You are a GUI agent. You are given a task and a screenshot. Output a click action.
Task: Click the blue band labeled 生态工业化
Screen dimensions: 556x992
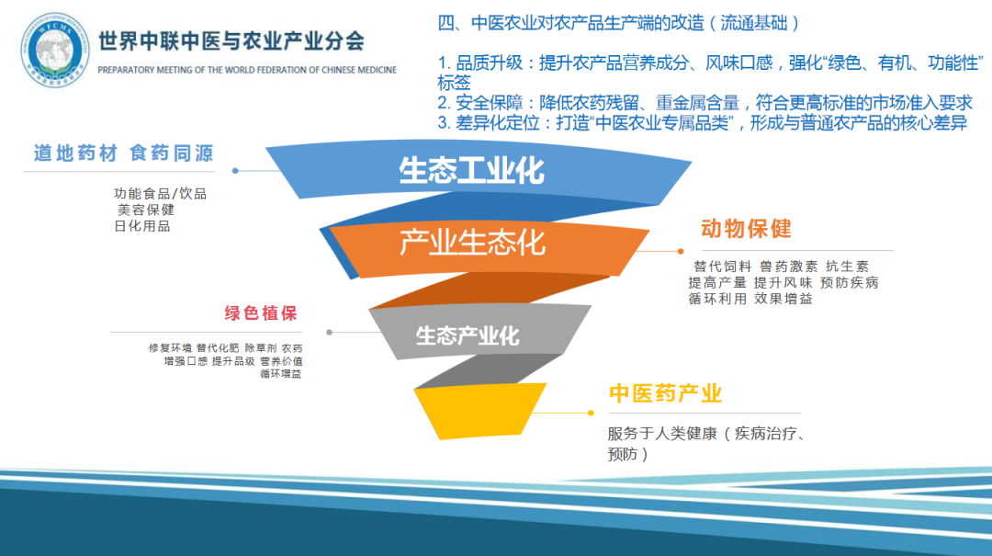point(471,171)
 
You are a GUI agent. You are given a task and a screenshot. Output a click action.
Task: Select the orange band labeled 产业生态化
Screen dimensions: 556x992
point(472,244)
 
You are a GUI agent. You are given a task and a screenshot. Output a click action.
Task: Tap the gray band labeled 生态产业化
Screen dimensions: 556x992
point(468,335)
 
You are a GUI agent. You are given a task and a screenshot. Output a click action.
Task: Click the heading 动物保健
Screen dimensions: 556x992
point(746,229)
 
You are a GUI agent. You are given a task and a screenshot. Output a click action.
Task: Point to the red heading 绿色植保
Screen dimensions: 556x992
point(261,313)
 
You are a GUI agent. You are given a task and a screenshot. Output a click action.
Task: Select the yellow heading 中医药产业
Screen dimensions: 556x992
point(665,394)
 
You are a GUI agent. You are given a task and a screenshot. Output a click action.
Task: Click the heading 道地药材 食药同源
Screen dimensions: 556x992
point(123,153)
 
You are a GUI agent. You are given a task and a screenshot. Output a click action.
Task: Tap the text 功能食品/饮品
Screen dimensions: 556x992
point(160,194)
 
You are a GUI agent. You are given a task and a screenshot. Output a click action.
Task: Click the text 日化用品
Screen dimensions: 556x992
point(141,226)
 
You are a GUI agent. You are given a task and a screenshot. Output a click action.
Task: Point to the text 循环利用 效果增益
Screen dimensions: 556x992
point(750,299)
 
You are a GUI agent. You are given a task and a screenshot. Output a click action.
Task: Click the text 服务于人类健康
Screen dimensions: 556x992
point(661,434)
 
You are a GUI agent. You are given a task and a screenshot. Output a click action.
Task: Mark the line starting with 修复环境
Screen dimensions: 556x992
point(225,348)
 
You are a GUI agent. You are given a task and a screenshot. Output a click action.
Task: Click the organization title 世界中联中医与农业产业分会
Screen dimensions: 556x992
point(230,40)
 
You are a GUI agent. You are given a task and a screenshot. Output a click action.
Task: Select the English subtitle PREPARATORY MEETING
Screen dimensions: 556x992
point(246,70)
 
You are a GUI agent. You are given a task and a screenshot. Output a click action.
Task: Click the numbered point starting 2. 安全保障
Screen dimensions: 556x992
point(704,103)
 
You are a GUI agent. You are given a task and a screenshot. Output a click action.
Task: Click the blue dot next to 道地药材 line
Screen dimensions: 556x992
point(236,171)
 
